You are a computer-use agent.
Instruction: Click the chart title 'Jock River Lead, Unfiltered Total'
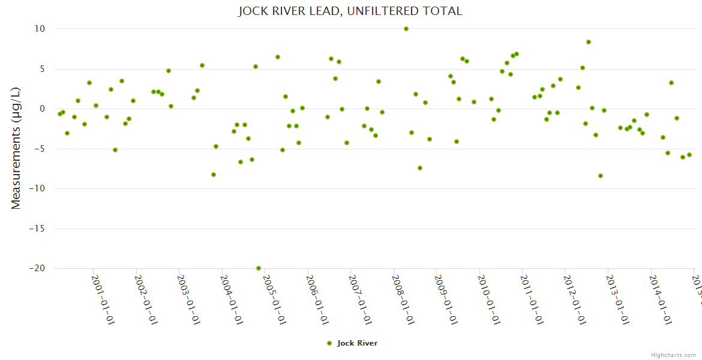pyautogui.click(x=350, y=11)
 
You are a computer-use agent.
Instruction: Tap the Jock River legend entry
pyautogui.click(x=352, y=343)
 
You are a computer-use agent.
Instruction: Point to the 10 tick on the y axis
pyautogui.click(x=40, y=29)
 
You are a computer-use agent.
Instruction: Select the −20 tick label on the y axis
pyautogui.click(x=37, y=269)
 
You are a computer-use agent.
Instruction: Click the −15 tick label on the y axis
pyautogui.click(x=37, y=229)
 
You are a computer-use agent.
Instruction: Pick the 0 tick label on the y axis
pyautogui.click(x=43, y=109)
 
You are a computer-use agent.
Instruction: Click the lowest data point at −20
pyautogui.click(x=259, y=268)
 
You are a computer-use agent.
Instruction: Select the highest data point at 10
pyautogui.click(x=406, y=29)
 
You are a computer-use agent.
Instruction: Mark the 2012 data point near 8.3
pyautogui.click(x=589, y=42)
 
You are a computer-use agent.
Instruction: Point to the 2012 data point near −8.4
pyautogui.click(x=601, y=176)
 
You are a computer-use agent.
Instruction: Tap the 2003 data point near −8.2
pyautogui.click(x=214, y=175)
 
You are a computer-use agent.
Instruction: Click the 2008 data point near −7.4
pyautogui.click(x=420, y=168)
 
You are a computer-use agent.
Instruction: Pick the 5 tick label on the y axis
pyautogui.click(x=43, y=69)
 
